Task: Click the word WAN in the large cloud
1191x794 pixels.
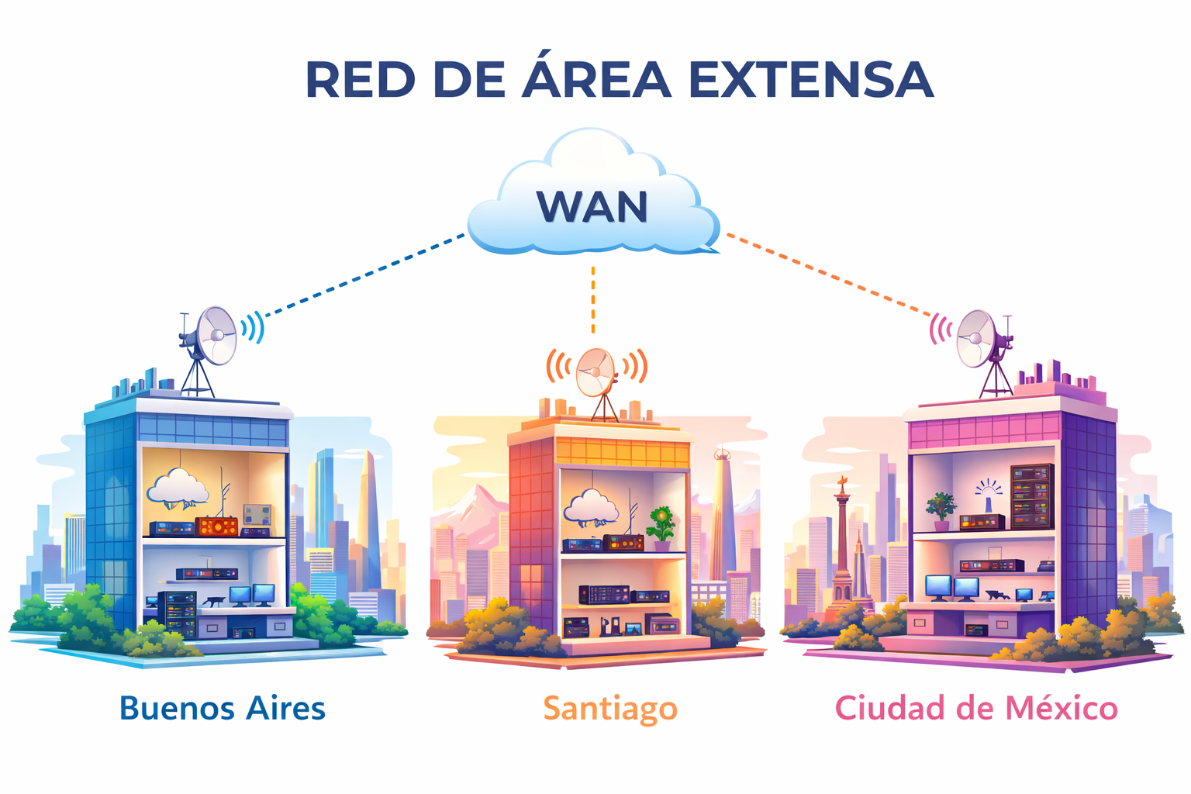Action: (x=592, y=207)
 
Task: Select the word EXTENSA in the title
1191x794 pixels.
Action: (x=810, y=79)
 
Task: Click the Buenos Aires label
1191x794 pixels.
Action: (x=223, y=708)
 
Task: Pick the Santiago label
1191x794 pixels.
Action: (x=610, y=709)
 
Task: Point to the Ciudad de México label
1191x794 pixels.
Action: (x=976, y=708)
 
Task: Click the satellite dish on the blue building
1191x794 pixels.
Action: (x=216, y=336)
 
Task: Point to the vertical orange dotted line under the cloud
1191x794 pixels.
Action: (x=593, y=301)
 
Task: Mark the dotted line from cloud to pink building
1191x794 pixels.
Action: (x=830, y=275)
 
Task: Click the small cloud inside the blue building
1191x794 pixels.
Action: (x=178, y=488)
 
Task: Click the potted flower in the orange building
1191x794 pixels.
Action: (x=661, y=524)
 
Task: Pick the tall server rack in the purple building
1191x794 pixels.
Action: (x=1031, y=495)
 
